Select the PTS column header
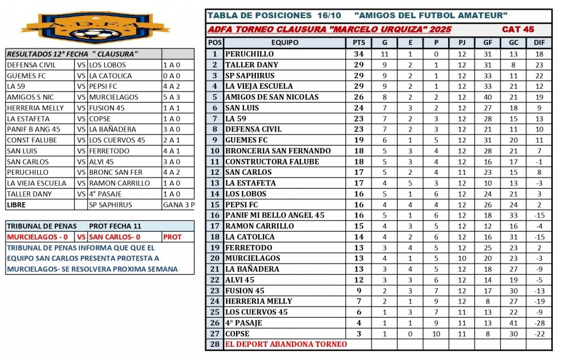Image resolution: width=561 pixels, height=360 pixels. tap(358, 43)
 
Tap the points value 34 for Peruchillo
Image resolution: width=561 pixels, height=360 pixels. tap(358, 54)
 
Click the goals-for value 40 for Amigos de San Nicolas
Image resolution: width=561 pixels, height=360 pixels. tap(488, 97)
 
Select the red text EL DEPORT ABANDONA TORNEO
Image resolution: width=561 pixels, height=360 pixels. tap(285, 344)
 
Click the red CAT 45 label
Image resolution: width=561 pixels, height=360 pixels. tap(518, 29)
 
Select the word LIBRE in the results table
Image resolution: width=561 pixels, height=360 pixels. tap(16, 204)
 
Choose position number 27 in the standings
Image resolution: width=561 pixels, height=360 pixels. tap(215, 333)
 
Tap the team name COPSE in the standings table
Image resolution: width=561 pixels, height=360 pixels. tap(237, 333)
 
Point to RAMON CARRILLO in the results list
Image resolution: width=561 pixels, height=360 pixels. tap(119, 183)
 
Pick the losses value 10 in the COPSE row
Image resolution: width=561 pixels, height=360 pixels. tap(436, 333)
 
